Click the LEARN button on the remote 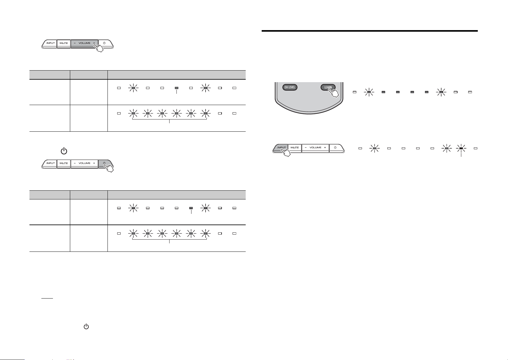tap(328, 87)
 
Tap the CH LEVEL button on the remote tap(290, 87)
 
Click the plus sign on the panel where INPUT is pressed tap(325, 147)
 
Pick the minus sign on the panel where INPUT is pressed tap(306, 147)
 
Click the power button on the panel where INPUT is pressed tap(336, 148)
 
